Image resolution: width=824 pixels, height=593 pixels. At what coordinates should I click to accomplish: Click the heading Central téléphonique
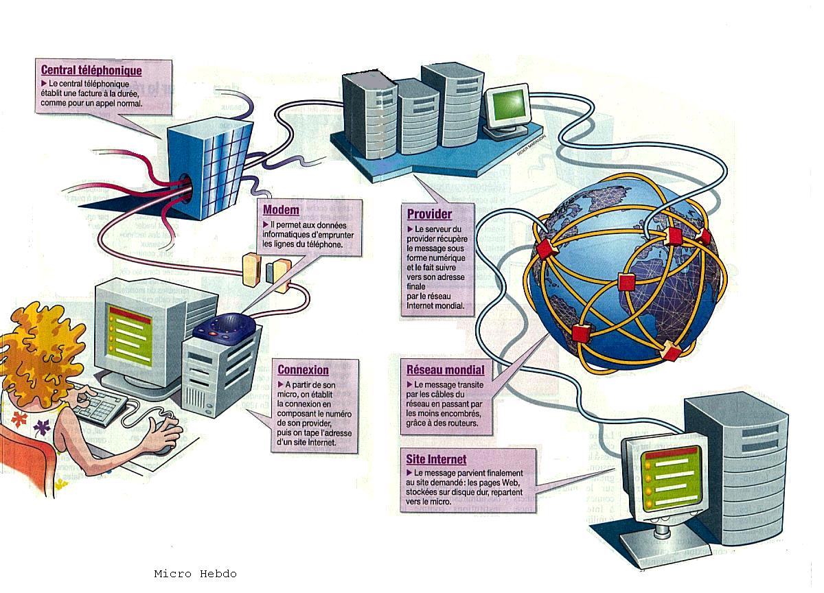(91, 70)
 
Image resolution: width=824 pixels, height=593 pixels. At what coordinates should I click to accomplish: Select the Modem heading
(282, 210)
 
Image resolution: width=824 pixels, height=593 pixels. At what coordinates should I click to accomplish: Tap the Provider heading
(429, 214)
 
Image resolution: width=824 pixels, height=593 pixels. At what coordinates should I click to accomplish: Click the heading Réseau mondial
(445, 369)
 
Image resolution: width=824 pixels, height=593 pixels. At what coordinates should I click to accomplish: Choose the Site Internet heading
(436, 459)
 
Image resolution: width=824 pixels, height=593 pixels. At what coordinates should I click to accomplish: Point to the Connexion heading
(303, 370)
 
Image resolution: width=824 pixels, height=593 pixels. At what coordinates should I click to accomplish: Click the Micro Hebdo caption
(195, 574)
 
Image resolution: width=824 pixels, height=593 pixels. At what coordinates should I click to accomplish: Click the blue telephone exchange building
(209, 168)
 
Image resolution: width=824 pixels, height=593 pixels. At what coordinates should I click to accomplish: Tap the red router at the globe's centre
(625, 281)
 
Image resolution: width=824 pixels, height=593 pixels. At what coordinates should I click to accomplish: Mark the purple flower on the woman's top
(42, 428)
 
